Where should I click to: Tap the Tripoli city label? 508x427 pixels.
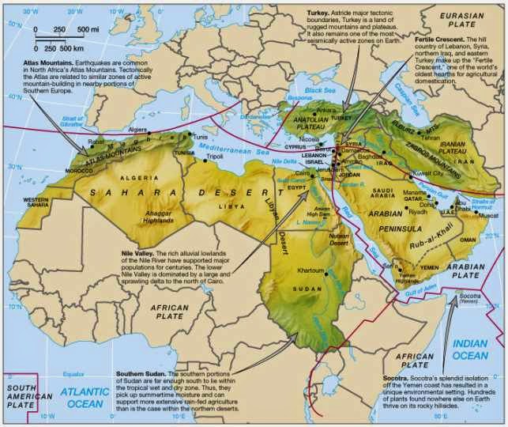[x=215, y=157]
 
